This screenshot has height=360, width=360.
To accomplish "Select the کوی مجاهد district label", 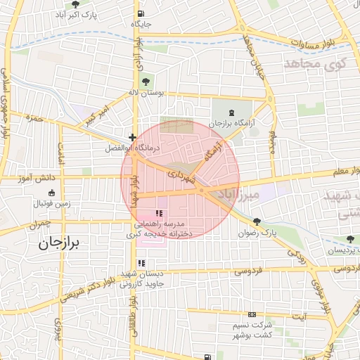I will pos(316,64).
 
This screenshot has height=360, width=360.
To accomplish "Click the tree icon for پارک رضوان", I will pos(257,221).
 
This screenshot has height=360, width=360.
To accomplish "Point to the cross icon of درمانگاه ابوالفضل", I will pos(132,137).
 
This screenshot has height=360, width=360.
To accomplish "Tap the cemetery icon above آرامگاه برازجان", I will pos(233,112).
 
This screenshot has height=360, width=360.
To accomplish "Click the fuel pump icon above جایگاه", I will pos(141,13).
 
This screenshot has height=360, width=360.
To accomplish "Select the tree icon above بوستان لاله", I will pos(146,81).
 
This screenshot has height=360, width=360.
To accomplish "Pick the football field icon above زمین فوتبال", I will pos(51,193).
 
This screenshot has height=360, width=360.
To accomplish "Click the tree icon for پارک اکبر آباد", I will pos(77,4).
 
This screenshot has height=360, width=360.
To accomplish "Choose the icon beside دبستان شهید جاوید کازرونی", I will pos(141,263).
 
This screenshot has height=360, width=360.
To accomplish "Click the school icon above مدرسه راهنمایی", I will pos(159,213).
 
